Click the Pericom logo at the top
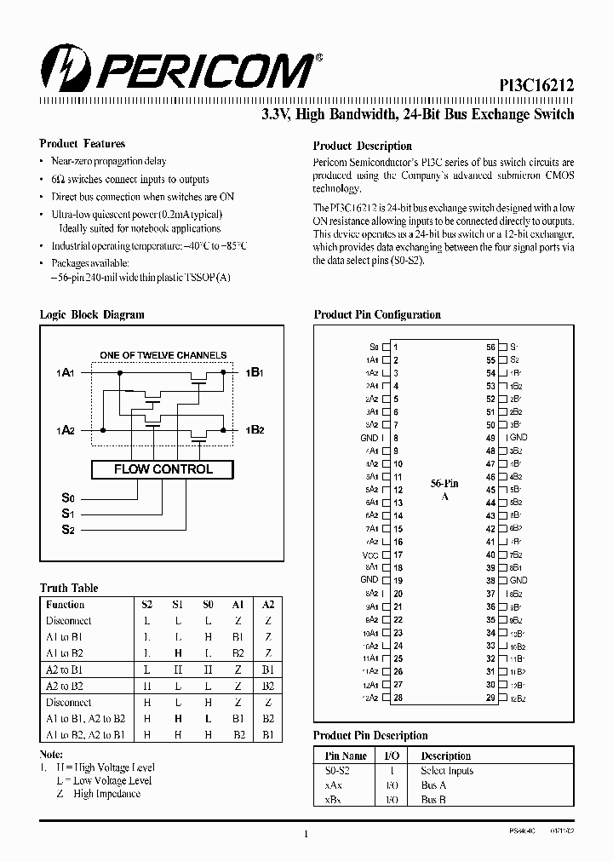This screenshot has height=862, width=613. (179, 70)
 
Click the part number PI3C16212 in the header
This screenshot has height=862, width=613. (536, 84)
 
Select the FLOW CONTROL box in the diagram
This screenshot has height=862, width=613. (163, 469)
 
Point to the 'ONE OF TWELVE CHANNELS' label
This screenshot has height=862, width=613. (163, 355)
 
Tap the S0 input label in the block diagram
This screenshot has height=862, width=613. (68, 498)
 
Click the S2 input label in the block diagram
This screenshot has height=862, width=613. (68, 530)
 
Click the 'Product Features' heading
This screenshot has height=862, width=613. (82, 144)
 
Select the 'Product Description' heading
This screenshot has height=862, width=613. (362, 146)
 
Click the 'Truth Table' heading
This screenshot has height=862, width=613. (69, 588)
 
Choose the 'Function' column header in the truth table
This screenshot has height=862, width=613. (66, 604)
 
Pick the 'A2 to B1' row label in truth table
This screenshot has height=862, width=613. (65, 669)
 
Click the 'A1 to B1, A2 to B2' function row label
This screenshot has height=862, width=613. (85, 719)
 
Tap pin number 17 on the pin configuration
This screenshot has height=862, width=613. (398, 555)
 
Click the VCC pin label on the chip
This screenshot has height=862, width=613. (370, 555)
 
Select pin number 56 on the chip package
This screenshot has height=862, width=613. (490, 348)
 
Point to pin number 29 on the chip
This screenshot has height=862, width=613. (490, 698)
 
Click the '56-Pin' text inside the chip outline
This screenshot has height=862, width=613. (444, 483)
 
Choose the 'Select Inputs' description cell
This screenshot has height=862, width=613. (447, 770)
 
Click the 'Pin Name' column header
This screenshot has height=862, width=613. (347, 756)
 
